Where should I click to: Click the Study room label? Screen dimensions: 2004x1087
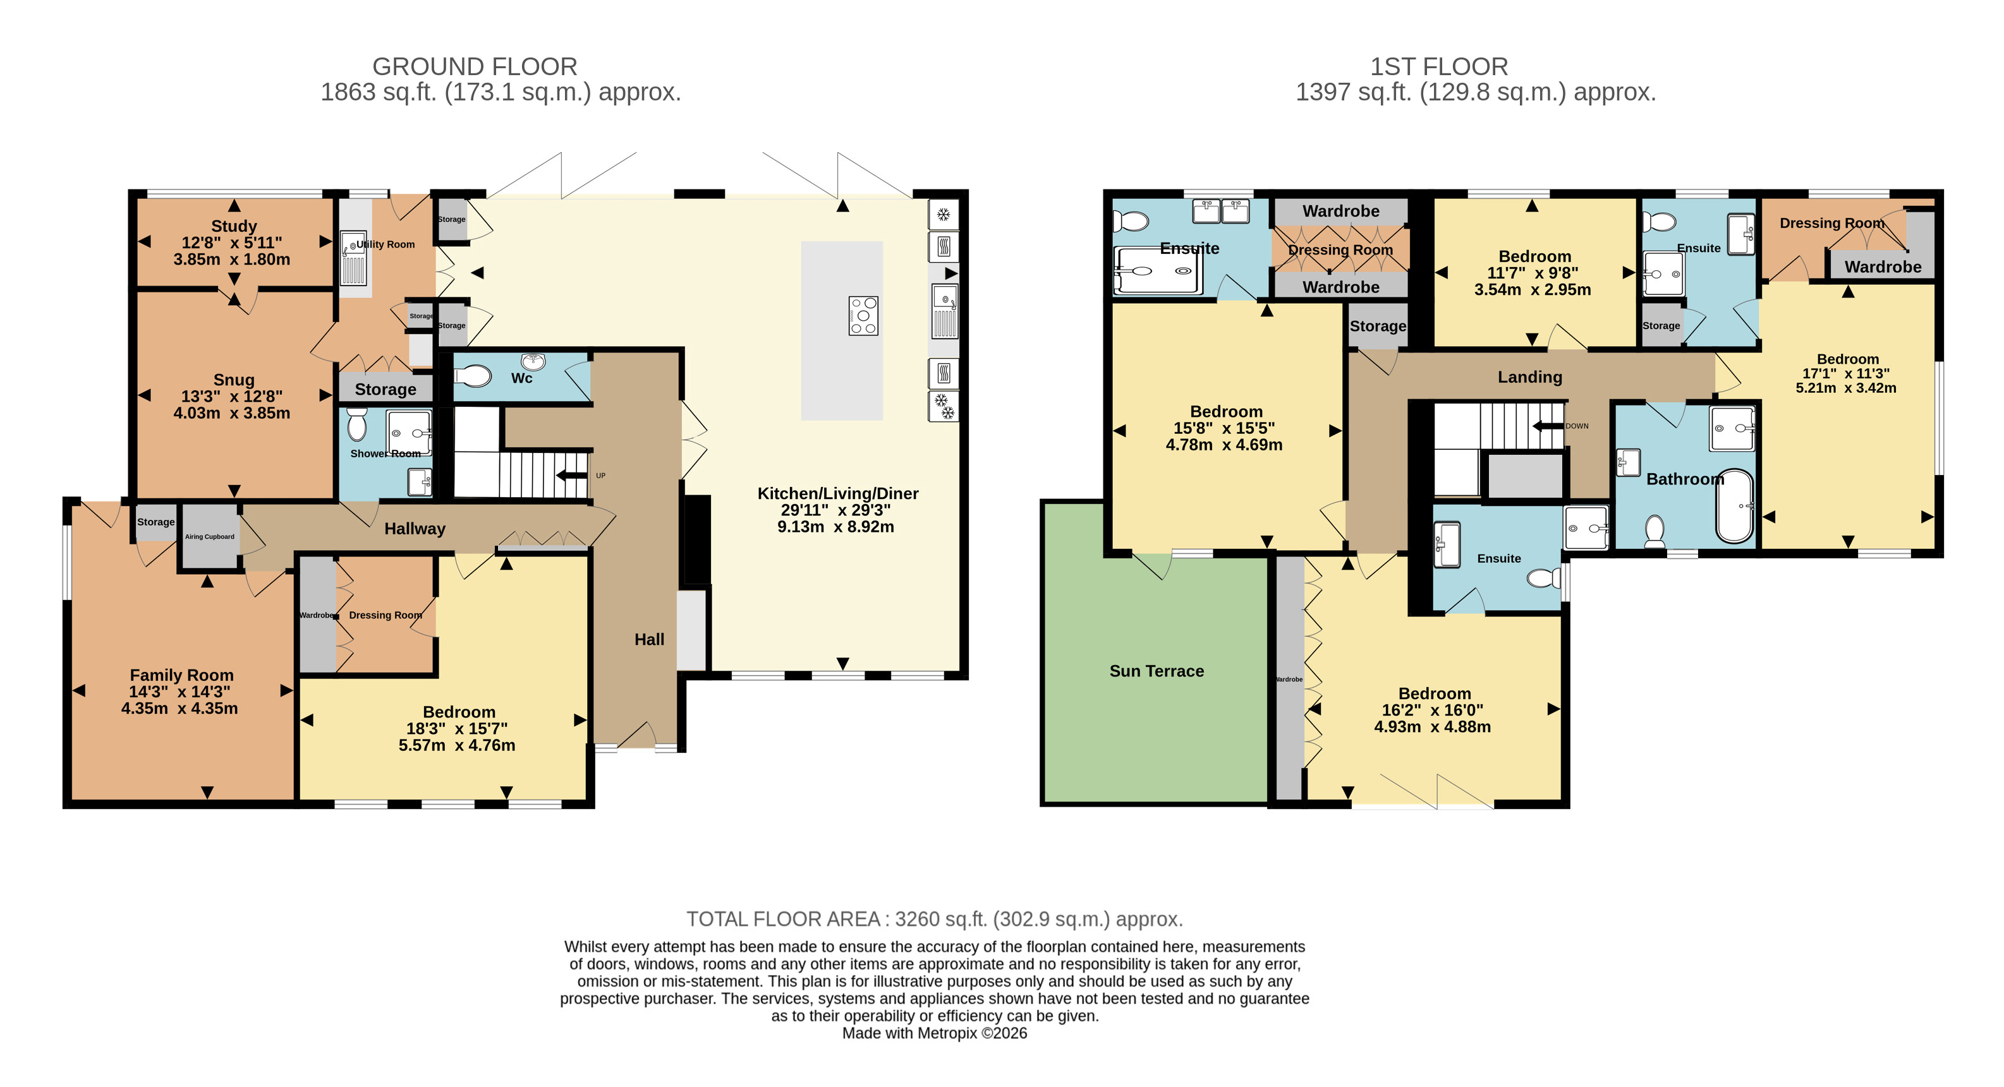pyautogui.click(x=234, y=226)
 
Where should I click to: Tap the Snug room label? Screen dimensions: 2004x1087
pyautogui.click(x=234, y=380)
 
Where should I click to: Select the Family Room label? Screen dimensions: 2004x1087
pyautogui.click(x=181, y=675)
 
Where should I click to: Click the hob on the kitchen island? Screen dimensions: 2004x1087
pyautogui.click(x=863, y=316)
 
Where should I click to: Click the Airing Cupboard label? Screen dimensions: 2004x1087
pyautogui.click(x=209, y=536)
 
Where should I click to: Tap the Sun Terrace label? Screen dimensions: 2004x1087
pyautogui.click(x=1157, y=671)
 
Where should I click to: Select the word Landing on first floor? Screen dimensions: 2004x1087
pyautogui.click(x=1530, y=377)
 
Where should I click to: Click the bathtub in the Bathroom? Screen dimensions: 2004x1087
pyautogui.click(x=1735, y=505)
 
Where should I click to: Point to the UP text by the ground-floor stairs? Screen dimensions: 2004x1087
pyautogui.click(x=600, y=476)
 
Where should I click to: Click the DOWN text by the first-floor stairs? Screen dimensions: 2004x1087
pyautogui.click(x=1577, y=426)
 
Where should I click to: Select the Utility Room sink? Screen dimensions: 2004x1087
pyautogui.click(x=353, y=258)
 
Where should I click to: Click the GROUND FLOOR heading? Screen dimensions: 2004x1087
pyautogui.click(x=475, y=67)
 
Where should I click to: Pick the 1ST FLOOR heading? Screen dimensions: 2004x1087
pyautogui.click(x=1439, y=67)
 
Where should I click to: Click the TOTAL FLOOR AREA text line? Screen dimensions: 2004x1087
pyautogui.click(x=934, y=919)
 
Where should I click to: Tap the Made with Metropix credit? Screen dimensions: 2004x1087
pyautogui.click(x=934, y=1033)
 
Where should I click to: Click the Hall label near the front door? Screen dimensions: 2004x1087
pyautogui.click(x=650, y=639)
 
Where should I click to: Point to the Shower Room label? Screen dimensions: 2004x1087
pyautogui.click(x=385, y=453)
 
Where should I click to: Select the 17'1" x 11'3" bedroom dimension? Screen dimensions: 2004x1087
pyautogui.click(x=1846, y=373)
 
